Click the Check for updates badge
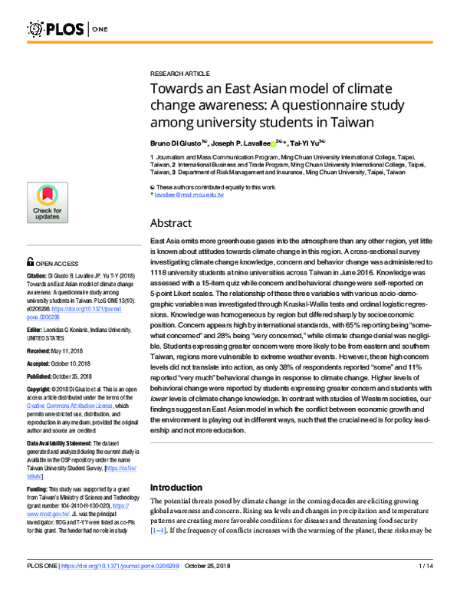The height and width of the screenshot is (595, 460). tap(47, 203)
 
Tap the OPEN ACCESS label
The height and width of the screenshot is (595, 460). tap(60, 262)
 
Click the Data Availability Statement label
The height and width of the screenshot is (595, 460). tap(72, 445)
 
